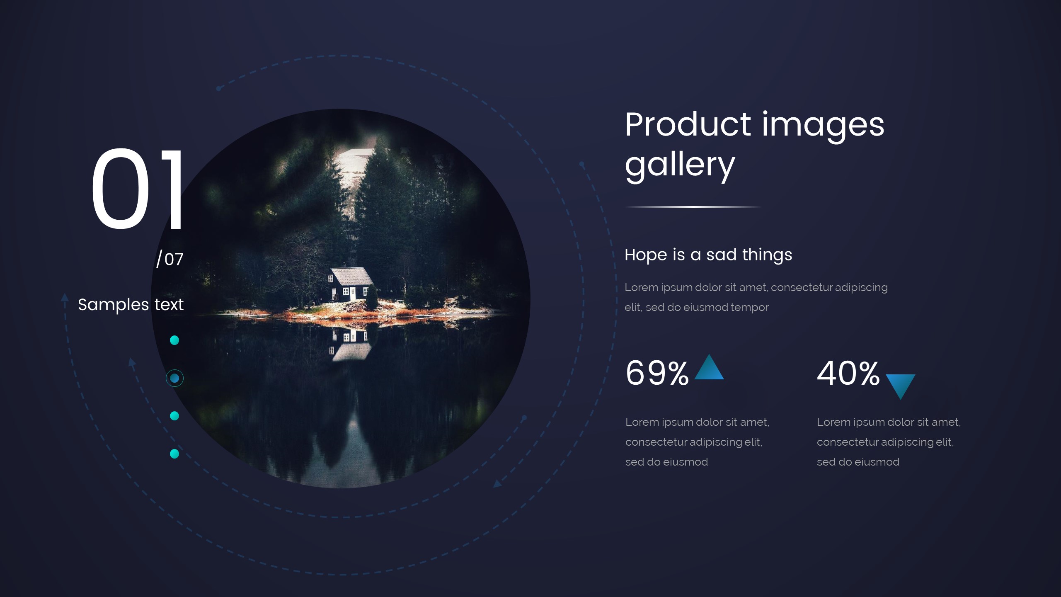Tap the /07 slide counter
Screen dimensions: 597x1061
pyautogui.click(x=170, y=260)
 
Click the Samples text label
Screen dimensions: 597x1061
pyautogui.click(x=131, y=305)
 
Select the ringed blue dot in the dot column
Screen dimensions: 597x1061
pyautogui.click(x=174, y=378)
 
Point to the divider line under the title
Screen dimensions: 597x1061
pyautogui.click(x=693, y=207)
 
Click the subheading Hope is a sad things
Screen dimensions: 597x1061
pyautogui.click(x=708, y=255)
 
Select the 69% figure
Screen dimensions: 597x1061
pyautogui.click(x=657, y=373)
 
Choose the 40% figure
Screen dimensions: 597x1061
pyautogui.click(x=848, y=373)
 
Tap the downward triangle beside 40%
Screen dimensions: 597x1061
pyautogui.click(x=900, y=385)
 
